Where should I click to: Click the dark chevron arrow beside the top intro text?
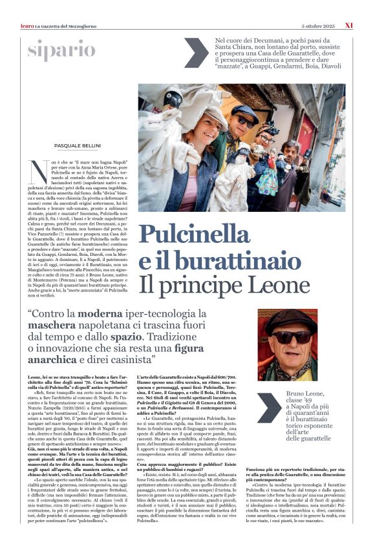[x=195, y=52]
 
